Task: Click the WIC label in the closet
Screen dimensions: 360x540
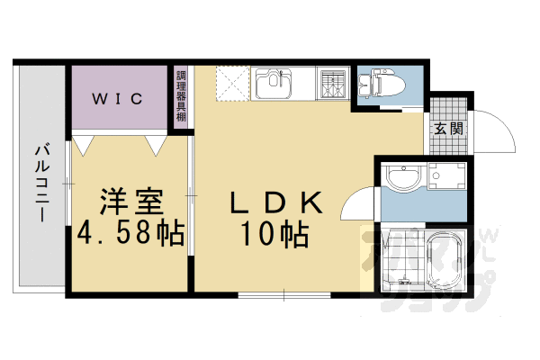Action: (118, 98)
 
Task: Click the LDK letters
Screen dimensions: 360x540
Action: (274, 202)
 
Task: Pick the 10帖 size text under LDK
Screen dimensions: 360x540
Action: (274, 235)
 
